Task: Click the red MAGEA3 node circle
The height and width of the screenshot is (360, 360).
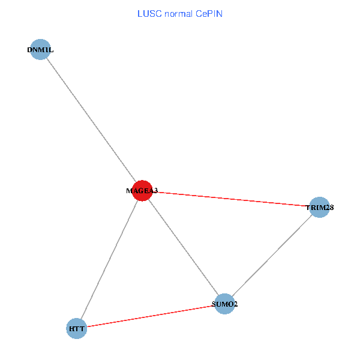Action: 142,191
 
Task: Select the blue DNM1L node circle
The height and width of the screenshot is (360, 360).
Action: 40,50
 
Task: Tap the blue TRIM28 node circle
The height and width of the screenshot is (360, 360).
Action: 319,208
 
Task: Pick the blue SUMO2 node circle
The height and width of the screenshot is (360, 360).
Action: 224,304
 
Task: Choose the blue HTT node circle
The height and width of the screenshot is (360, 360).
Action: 77,328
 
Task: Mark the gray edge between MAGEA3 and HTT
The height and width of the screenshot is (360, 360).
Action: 110,259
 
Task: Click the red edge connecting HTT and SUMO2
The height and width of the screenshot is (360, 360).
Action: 150,316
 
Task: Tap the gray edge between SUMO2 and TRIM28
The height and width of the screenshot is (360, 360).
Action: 272,256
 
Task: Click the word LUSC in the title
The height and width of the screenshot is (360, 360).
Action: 147,14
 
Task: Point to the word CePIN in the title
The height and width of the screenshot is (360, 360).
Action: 208,14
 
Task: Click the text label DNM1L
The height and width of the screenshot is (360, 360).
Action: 40,50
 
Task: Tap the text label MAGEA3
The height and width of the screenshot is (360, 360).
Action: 142,191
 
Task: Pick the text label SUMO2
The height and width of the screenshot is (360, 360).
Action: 224,304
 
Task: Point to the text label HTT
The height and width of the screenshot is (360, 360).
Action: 77,329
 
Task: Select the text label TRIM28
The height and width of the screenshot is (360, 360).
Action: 319,208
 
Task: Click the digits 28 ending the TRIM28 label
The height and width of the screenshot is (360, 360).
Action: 329,208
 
